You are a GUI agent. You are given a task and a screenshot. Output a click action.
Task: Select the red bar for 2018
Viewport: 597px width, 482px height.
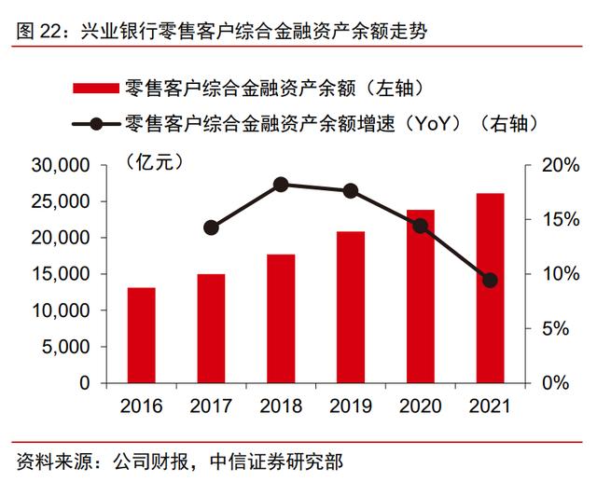tap(281, 319)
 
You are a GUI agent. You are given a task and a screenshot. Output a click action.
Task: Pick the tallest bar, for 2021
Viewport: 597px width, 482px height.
tap(490, 288)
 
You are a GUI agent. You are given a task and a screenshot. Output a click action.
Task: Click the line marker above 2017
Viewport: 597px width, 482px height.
tap(211, 227)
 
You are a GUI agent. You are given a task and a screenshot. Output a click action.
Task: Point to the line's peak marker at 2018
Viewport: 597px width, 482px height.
tap(281, 185)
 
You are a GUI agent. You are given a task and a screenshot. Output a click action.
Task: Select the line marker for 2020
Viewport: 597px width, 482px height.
tap(420, 226)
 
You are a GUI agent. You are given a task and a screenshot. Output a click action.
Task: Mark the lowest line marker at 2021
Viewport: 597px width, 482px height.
tap(490, 280)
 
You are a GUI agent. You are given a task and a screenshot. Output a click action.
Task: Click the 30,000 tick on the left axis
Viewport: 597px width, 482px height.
tap(63, 165)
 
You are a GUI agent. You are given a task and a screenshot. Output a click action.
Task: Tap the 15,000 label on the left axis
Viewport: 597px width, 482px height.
tap(63, 274)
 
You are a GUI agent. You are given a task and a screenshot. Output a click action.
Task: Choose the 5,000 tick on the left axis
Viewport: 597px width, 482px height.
tap(68, 347)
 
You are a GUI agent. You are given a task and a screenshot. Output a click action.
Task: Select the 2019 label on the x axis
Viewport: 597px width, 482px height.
tap(351, 406)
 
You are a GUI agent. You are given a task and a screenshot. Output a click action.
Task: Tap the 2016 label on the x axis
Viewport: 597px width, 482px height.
tap(142, 406)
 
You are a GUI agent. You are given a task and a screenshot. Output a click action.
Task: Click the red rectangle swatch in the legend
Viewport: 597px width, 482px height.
tap(95, 89)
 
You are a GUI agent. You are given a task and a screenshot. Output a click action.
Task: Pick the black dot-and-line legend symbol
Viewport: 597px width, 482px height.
tap(95, 123)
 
